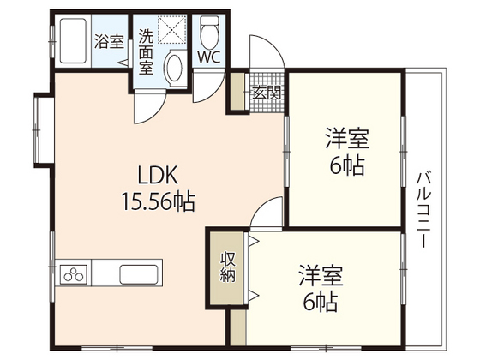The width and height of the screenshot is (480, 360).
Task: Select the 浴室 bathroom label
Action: pos(108,41)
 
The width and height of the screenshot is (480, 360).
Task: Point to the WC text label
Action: pos(207,58)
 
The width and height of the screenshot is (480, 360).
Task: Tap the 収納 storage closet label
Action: pos(228,269)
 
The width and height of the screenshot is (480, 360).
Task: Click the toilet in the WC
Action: pos(208,33)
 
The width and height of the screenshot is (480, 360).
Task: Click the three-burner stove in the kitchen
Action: pos(75,276)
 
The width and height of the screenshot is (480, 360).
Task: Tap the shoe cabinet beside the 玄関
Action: pos(235,93)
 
